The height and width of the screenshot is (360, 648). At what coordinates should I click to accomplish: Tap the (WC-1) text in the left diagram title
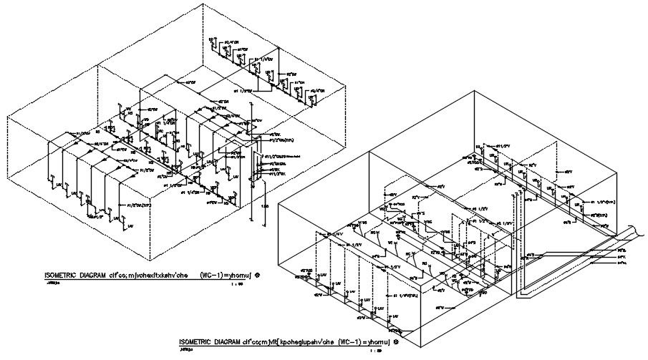tap(213, 275)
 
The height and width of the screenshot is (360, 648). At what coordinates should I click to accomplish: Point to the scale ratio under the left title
tap(235, 283)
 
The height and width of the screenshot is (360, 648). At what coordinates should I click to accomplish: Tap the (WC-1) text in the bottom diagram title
tap(353, 341)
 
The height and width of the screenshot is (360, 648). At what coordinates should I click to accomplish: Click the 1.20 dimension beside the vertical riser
tap(264, 206)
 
